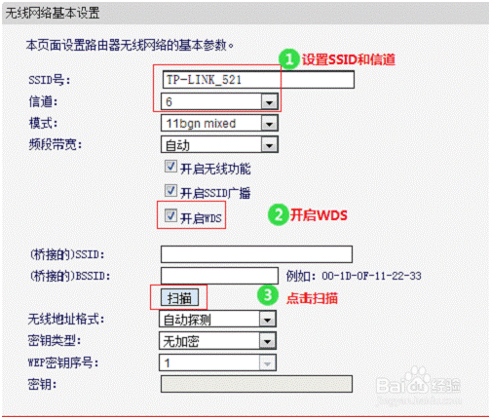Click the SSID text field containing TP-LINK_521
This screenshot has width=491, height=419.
click(x=258, y=80)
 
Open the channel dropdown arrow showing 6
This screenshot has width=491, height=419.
click(x=269, y=102)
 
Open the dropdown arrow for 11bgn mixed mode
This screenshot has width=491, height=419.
click(x=269, y=124)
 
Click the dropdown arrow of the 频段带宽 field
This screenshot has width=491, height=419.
click(x=269, y=145)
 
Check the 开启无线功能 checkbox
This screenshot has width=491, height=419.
click(x=170, y=167)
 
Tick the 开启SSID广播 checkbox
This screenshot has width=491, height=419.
click(x=170, y=191)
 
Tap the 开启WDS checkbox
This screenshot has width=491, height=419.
click(x=170, y=215)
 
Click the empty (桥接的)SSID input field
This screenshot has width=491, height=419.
click(x=256, y=254)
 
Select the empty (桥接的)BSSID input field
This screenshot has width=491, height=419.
click(x=219, y=276)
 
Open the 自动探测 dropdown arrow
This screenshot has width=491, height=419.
click(x=267, y=320)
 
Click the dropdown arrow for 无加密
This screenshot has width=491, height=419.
click(x=267, y=341)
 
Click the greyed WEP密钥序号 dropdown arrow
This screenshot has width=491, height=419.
click(x=267, y=362)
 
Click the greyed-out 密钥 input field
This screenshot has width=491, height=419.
click(x=256, y=384)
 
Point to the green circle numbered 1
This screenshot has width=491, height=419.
click(x=288, y=59)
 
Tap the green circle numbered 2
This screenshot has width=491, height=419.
click(x=278, y=214)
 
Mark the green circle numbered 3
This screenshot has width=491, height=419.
click(x=268, y=295)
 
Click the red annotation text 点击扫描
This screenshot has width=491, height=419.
click(x=312, y=298)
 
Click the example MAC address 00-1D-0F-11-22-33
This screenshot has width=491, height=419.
click(x=371, y=276)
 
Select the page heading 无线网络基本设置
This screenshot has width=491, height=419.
click(x=53, y=13)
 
